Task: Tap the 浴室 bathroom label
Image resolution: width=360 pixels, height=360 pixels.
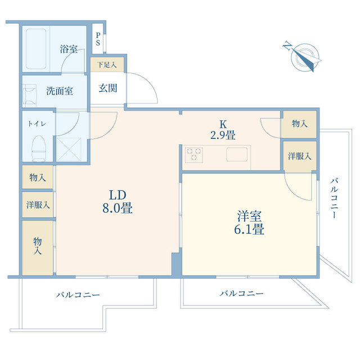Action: [69, 49]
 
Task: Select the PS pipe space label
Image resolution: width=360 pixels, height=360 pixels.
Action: [98, 39]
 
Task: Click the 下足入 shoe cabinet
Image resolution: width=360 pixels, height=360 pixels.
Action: [106, 65]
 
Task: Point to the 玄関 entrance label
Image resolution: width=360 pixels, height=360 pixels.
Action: [108, 88]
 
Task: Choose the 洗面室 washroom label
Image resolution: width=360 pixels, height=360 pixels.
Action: [59, 91]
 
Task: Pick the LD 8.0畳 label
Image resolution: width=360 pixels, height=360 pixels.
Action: [116, 201]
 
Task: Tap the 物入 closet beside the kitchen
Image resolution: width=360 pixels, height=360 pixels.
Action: [299, 124]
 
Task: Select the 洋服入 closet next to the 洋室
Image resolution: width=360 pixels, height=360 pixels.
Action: [299, 155]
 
